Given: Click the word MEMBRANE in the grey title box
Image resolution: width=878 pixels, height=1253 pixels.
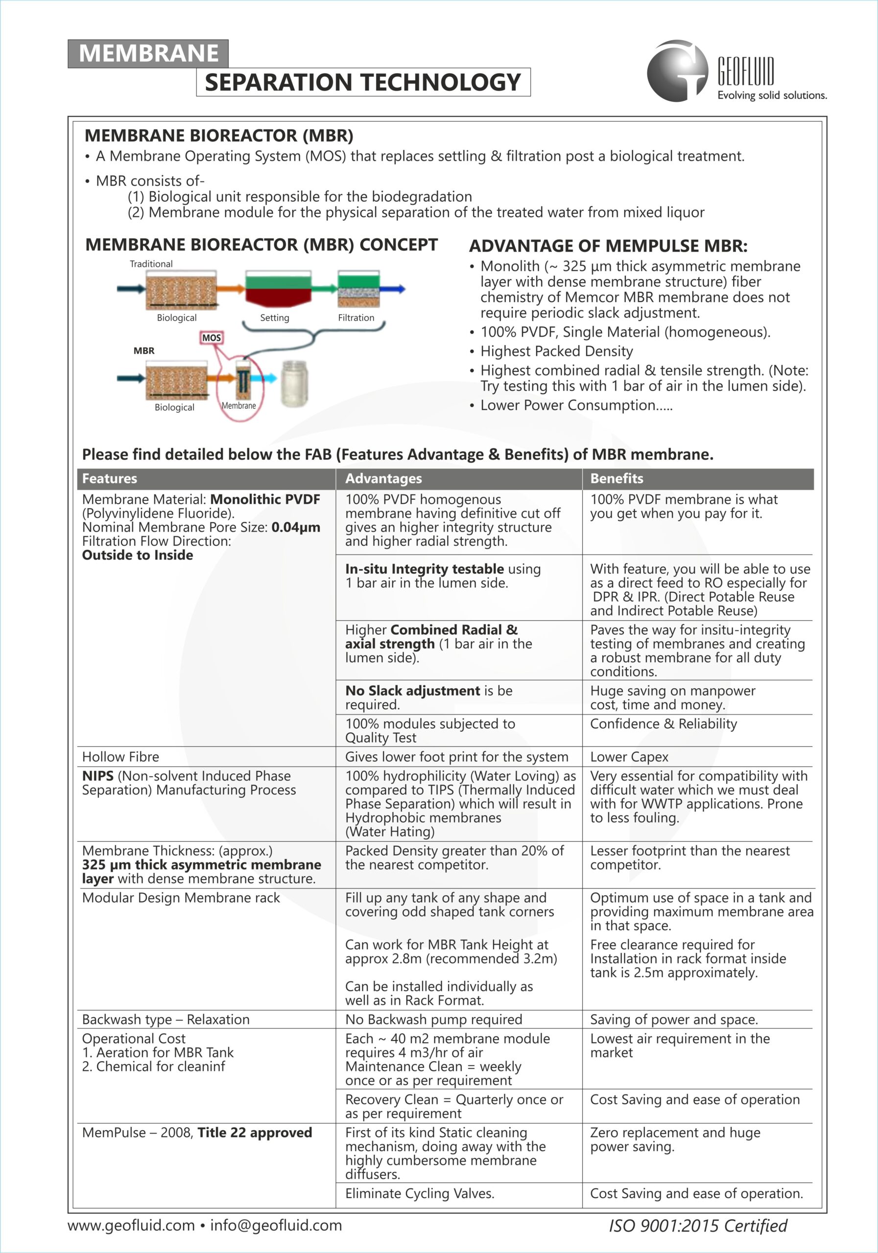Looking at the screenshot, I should [148, 53].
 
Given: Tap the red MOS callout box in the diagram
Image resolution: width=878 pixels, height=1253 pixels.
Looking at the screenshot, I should [212, 338].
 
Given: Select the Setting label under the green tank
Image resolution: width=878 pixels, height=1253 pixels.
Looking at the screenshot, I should [274, 318].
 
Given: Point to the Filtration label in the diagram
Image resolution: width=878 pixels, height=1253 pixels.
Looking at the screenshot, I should [356, 318].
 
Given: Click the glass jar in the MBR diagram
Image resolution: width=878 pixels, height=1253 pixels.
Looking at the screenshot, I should [294, 383].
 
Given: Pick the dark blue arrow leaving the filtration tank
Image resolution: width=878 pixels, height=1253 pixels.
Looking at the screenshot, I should [393, 289].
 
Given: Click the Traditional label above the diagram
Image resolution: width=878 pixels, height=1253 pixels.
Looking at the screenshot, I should [151, 264].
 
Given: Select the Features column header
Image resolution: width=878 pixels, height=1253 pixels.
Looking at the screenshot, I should [110, 479].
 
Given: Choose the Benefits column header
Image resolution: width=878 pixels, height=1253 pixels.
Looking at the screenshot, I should [617, 479].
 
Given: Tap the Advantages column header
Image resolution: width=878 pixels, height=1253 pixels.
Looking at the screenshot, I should [383, 479].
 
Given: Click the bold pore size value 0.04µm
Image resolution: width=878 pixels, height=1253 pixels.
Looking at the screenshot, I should [295, 527].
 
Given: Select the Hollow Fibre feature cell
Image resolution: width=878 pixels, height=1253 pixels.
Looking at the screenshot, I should [120, 757].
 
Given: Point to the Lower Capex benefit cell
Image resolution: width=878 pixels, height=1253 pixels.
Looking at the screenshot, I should [629, 757].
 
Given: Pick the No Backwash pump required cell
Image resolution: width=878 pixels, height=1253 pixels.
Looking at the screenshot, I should [433, 1020].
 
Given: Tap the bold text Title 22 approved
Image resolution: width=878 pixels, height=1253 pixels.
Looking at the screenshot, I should [255, 1133].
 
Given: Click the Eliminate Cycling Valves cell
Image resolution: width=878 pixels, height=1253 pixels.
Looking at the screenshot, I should [419, 1193].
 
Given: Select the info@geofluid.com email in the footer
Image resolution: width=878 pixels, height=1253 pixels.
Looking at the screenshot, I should [276, 1225].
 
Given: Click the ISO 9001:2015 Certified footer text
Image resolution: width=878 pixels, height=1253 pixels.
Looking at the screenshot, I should [698, 1226].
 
